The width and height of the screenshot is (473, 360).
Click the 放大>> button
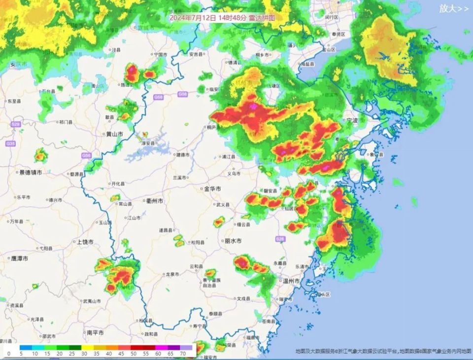[454, 8]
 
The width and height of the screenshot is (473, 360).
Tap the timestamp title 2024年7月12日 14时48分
[206, 17]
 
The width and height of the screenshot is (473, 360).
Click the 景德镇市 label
[30, 172]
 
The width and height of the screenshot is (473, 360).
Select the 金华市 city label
[212, 189]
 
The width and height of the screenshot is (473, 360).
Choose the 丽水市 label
[233, 241]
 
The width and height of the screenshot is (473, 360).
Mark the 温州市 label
[291, 281]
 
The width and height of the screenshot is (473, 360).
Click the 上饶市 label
[85, 242]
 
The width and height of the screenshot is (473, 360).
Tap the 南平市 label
[95, 333]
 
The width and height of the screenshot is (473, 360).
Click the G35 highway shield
[10, 143]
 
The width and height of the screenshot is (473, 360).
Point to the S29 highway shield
[16, 125]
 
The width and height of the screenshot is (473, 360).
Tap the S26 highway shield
[280, 239]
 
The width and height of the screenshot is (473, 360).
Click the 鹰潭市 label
[20, 259]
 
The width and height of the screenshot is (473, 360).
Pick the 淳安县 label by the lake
[149, 143]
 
